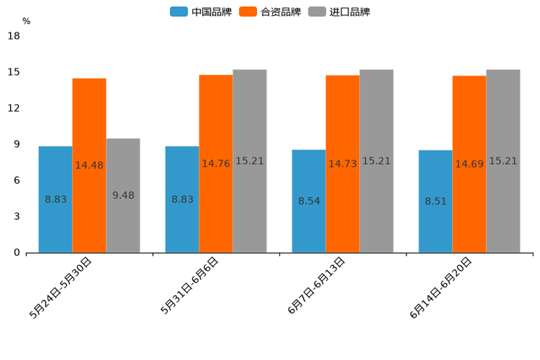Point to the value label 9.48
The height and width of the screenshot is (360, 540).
tap(123, 195)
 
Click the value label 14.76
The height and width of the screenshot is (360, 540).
tap(216, 164)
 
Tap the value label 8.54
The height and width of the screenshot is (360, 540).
tap(309, 201)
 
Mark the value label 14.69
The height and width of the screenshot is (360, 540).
tap(470, 164)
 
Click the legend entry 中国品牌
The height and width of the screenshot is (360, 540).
tap(201, 12)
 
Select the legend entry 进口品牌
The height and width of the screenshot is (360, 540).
tap(339, 12)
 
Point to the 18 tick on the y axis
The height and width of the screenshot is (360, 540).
tap(14, 36)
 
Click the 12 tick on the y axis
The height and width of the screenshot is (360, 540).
tap(14, 108)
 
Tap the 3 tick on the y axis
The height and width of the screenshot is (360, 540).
tap(17, 216)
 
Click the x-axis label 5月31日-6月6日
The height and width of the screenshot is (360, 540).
tap(190, 285)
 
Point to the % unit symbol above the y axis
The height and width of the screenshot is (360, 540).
tap(26, 21)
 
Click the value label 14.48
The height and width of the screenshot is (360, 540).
tap(89, 165)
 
